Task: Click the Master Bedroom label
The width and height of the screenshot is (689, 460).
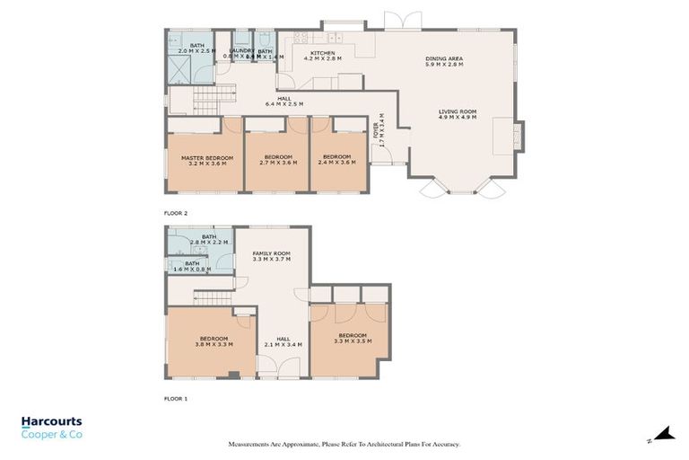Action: [x=201, y=157]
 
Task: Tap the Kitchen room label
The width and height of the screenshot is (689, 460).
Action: [x=323, y=54]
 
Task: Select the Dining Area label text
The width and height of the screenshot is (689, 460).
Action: [x=443, y=60]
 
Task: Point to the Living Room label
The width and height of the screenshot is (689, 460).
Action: [x=457, y=111]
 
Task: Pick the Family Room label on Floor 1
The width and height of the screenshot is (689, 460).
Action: [x=271, y=254]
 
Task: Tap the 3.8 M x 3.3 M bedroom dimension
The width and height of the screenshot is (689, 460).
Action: [x=214, y=344]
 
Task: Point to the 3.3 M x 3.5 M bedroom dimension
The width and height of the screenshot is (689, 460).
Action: [x=351, y=341]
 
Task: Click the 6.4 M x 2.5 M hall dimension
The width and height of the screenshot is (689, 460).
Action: [x=283, y=104]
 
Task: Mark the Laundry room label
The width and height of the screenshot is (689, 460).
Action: [x=241, y=51]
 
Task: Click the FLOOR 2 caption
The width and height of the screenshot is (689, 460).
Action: [x=175, y=213]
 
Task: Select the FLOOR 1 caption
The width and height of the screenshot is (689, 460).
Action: [x=175, y=397]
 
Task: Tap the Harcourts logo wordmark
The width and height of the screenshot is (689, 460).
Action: [x=51, y=422]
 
